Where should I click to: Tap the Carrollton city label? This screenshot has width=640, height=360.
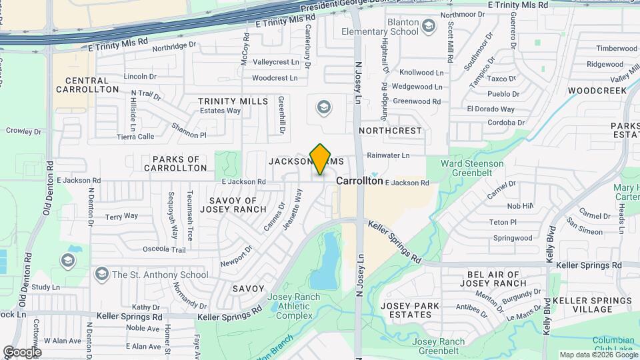359,181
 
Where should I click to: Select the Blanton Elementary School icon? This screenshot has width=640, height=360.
429,26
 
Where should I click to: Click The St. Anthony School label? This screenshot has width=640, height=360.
160,274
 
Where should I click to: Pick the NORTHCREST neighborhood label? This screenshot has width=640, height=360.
391,131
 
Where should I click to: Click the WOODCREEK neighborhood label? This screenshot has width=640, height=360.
597,90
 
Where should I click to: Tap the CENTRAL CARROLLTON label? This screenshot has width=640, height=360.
87,85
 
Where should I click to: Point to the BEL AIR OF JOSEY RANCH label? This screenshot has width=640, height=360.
497,278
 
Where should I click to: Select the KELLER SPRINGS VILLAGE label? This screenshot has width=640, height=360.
592,305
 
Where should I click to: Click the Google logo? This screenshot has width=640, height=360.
22,351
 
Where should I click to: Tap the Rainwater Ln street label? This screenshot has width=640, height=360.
387,155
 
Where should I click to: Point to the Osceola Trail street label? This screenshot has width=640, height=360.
164,249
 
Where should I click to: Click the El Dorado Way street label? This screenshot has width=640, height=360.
491,109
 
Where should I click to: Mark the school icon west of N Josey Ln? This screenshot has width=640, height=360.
323,107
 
